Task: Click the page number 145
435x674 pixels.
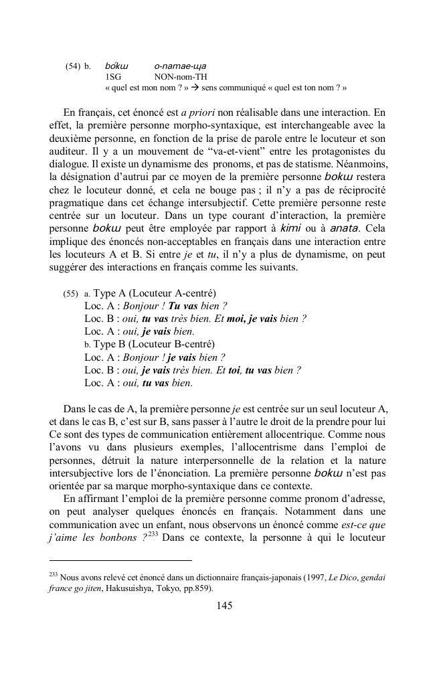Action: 224,605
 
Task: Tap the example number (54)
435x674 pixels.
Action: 74,66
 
